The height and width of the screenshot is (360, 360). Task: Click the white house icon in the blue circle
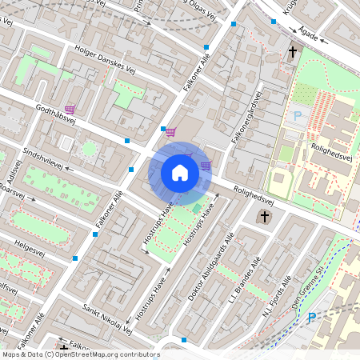click(180, 172)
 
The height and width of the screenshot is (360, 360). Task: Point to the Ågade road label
click(310, 36)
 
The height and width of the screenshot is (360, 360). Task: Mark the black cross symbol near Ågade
click(293, 54)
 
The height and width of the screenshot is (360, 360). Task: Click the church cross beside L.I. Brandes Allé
click(265, 216)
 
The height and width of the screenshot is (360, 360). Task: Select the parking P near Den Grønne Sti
click(312, 318)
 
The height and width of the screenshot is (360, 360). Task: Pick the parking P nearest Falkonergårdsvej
click(298, 116)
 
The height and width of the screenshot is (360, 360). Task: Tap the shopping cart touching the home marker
click(206, 166)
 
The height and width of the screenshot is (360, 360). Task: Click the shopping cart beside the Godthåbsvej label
click(70, 109)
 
